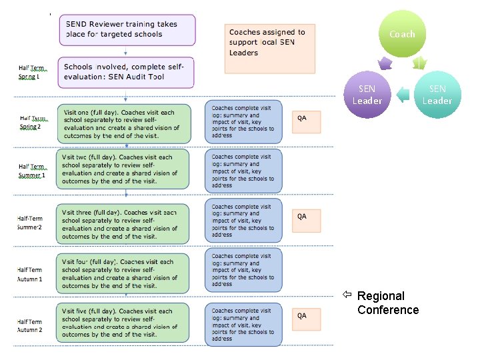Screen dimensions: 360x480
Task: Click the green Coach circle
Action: [401, 34]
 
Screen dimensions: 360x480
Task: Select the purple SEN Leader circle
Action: [367, 95]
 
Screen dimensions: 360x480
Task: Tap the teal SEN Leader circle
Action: [437, 95]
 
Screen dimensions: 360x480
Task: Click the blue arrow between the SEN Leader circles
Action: [402, 95]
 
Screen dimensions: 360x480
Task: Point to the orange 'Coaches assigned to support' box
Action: [270, 49]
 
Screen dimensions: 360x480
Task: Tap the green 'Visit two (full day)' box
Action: [123, 169]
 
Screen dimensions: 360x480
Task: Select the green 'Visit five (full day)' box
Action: [123, 322]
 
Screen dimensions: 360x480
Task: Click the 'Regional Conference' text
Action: [387, 303]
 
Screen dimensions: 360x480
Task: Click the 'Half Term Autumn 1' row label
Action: [30, 274]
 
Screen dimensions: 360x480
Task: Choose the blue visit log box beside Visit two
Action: [243, 171]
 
